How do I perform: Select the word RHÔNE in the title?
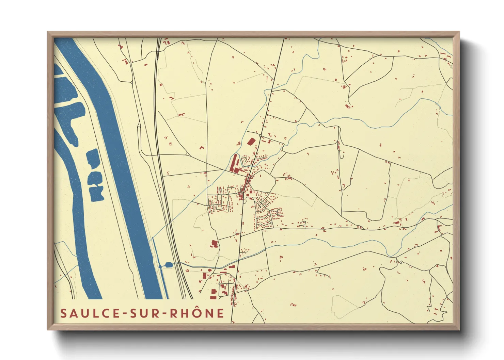point(197,313)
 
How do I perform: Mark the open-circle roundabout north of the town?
point(261,136)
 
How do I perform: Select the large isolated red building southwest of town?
point(214,243)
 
